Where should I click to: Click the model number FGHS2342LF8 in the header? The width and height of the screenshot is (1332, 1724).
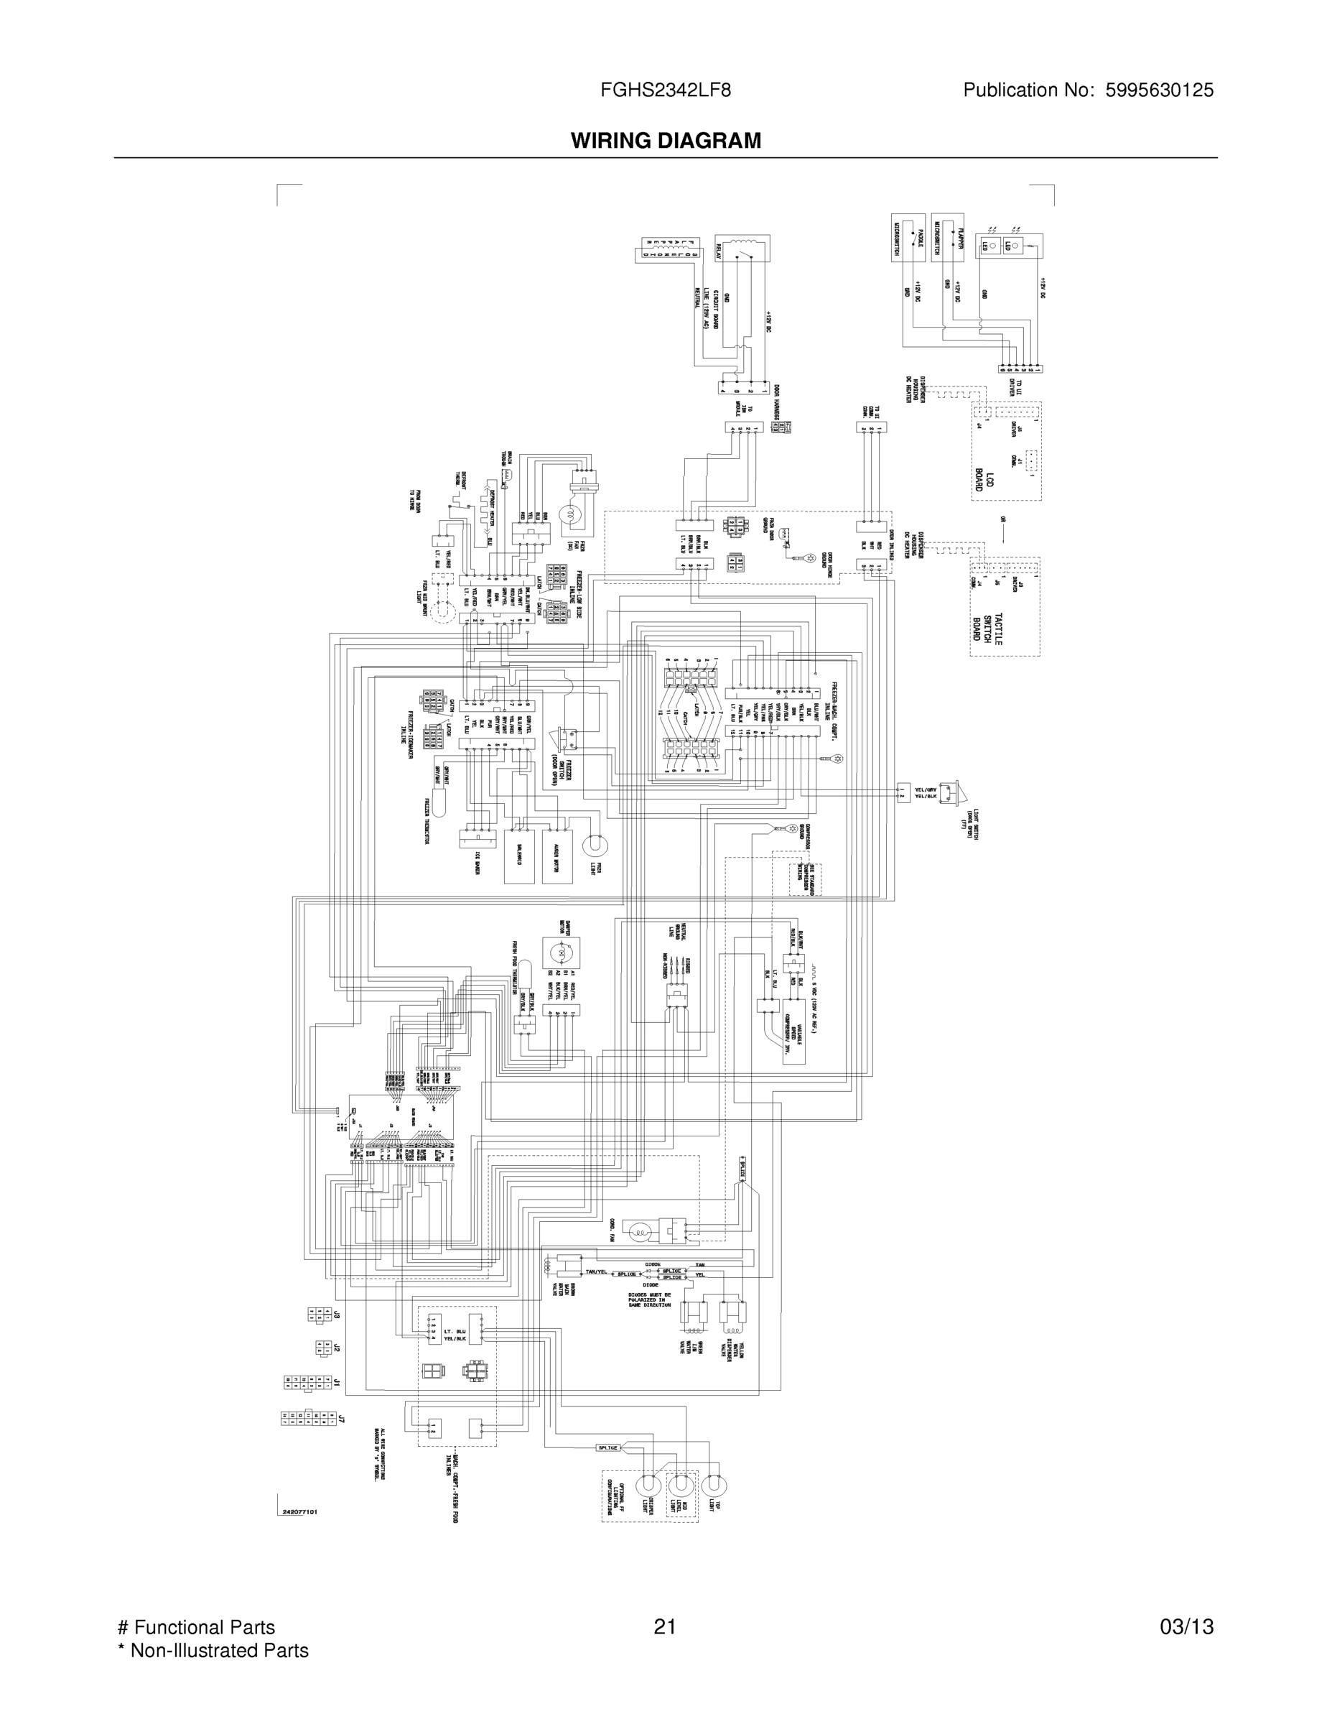point(665,90)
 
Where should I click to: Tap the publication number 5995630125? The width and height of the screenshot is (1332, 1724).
point(1159,90)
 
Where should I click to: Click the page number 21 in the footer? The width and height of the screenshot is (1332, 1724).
point(664,1627)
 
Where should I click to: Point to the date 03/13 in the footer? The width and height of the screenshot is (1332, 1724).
point(1186,1627)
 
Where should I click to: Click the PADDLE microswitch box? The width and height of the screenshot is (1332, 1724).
point(908,237)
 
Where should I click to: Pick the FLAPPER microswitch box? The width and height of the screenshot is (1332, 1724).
point(947,237)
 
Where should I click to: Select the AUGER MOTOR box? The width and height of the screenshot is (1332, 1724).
point(557,856)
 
